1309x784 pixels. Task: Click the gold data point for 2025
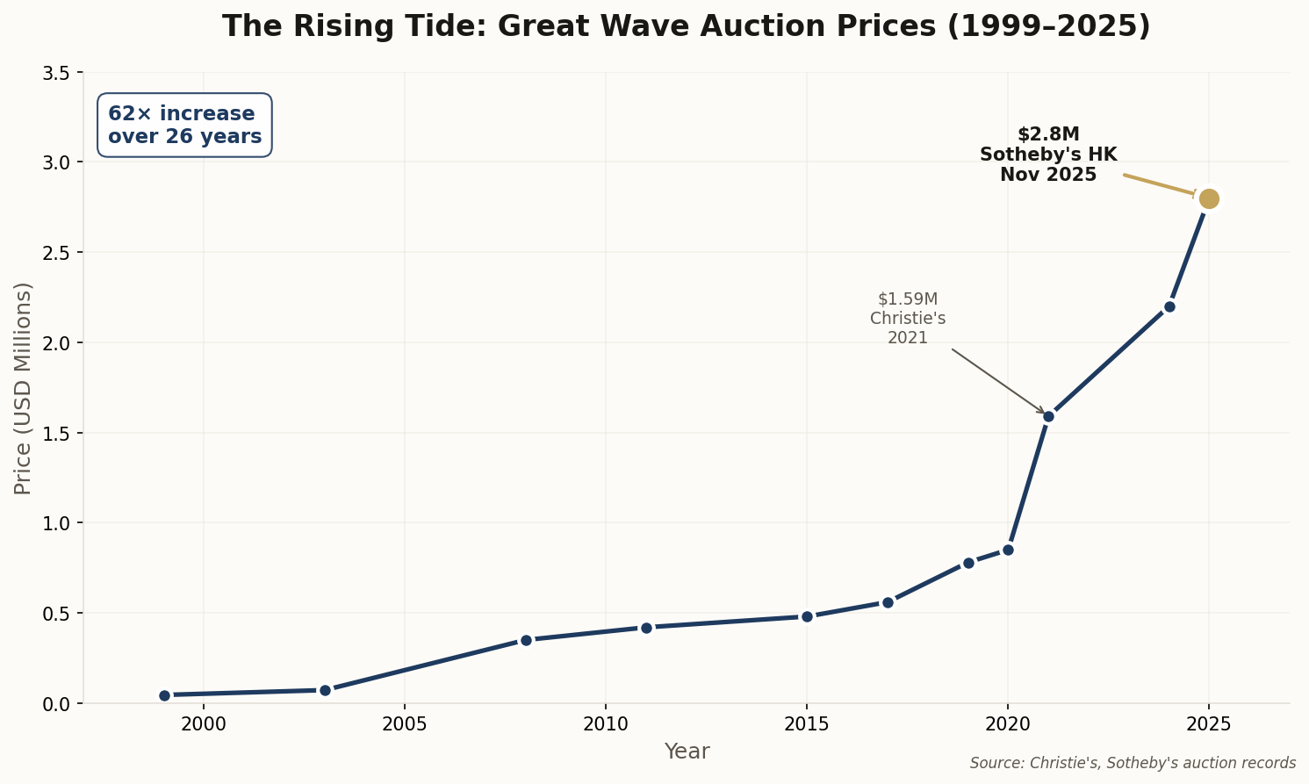pyautogui.click(x=1209, y=198)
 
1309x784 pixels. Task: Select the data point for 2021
pyautogui.click(x=1048, y=416)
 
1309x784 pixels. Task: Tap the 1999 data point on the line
pyautogui.click(x=164, y=695)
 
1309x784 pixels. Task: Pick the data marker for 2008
pyautogui.click(x=526, y=640)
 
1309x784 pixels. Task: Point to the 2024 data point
pyautogui.click(x=1169, y=306)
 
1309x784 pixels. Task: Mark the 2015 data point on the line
pyautogui.click(x=807, y=616)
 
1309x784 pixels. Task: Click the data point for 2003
pyautogui.click(x=325, y=690)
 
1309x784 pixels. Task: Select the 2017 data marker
pyautogui.click(x=888, y=602)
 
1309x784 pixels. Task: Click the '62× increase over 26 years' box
pyautogui.click(x=184, y=126)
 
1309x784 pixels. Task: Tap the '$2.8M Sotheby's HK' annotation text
pyautogui.click(x=1048, y=155)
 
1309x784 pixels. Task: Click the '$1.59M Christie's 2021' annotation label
pyautogui.click(x=908, y=319)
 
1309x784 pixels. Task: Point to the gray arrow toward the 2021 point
pyautogui.click(x=998, y=381)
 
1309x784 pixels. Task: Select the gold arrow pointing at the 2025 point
pyautogui.click(x=1159, y=184)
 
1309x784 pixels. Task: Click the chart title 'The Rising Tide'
pyautogui.click(x=686, y=26)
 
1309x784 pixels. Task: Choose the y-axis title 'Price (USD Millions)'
pyautogui.click(x=23, y=388)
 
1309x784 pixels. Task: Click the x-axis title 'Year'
pyautogui.click(x=687, y=752)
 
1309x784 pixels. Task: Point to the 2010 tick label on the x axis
pyautogui.click(x=605, y=724)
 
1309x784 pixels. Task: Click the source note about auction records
pyautogui.click(x=1133, y=763)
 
